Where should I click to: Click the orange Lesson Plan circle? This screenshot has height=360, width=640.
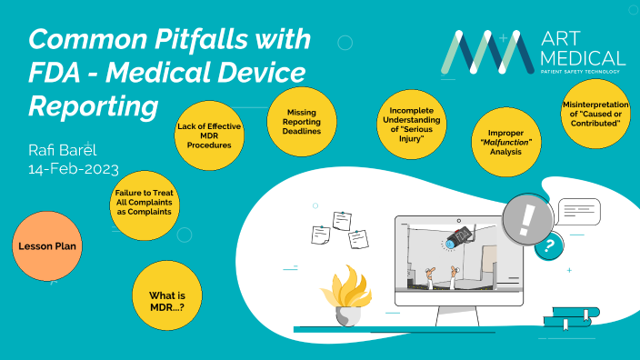pyautogui.click(x=45, y=245)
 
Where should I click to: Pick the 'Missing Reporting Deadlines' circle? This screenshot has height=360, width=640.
pyautogui.click(x=301, y=120)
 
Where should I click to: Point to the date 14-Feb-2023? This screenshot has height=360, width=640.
pyautogui.click(x=73, y=170)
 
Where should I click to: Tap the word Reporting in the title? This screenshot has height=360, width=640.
pyautogui.click(x=94, y=105)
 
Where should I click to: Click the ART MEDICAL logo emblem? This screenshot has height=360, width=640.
pyautogui.click(x=485, y=53)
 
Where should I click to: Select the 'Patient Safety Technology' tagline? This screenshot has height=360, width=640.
pyautogui.click(x=582, y=70)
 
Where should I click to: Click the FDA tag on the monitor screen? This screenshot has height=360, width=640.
pyautogui.click(x=457, y=238)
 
